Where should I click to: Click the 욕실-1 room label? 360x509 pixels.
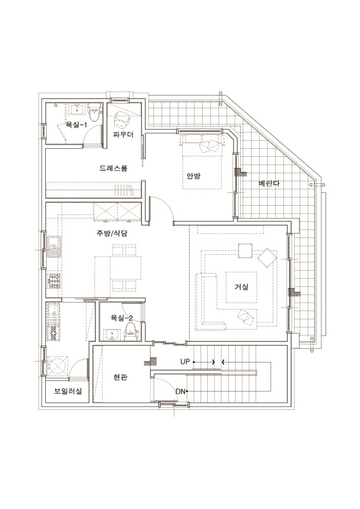[x=76, y=124]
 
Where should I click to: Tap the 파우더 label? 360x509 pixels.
[x=123, y=134]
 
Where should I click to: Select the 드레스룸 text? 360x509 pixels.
[x=114, y=168]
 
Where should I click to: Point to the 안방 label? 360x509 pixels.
[x=193, y=176]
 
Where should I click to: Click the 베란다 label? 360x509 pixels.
[x=269, y=183]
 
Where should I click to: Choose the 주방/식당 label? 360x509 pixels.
[x=112, y=233]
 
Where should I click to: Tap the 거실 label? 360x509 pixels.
[x=242, y=287]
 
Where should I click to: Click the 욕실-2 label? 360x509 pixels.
[x=122, y=318]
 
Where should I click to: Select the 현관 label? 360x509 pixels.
[x=120, y=377]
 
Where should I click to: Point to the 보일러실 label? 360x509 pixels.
[x=68, y=391]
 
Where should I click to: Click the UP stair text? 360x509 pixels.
[x=185, y=361]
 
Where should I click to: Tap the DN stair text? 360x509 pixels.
[x=181, y=391]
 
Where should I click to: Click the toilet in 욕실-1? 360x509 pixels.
[x=94, y=112]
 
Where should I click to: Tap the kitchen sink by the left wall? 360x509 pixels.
[x=54, y=247]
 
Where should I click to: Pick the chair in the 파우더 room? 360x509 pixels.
[x=121, y=120]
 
